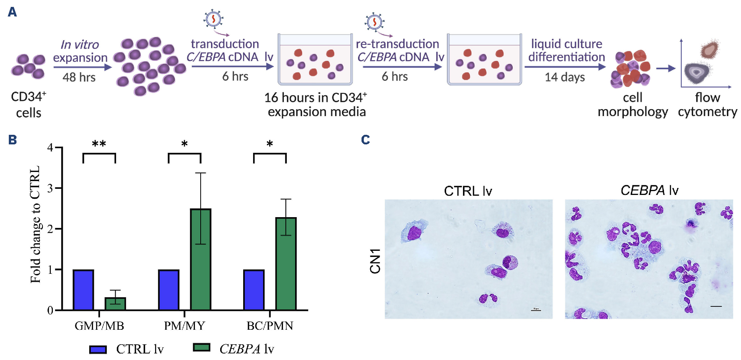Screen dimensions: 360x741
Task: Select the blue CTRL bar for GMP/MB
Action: [x=83, y=290]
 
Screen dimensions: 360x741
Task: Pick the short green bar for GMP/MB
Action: [x=115, y=304]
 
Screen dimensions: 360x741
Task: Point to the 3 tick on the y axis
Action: [x=51, y=188]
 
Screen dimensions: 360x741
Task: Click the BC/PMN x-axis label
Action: [x=270, y=326]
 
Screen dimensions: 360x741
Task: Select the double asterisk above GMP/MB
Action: [x=99, y=144]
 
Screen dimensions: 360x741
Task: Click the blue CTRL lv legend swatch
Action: [x=98, y=349]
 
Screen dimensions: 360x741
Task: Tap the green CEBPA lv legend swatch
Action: [x=202, y=347]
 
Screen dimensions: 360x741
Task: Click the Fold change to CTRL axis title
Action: [x=35, y=224]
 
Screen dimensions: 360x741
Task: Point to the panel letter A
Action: [x=12, y=12]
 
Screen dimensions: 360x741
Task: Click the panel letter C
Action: [x=365, y=140]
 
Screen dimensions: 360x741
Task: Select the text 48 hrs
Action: [x=79, y=77]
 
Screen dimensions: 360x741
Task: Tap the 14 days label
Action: [x=565, y=77]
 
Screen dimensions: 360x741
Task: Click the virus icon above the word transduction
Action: [x=213, y=19]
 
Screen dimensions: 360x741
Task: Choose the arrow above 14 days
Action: [x=565, y=67]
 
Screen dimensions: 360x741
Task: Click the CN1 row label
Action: [x=375, y=261]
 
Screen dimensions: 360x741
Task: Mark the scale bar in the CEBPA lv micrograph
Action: [x=716, y=306]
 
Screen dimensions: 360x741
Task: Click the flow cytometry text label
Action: [x=707, y=105]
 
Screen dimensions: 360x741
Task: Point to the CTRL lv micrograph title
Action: [x=468, y=191]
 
